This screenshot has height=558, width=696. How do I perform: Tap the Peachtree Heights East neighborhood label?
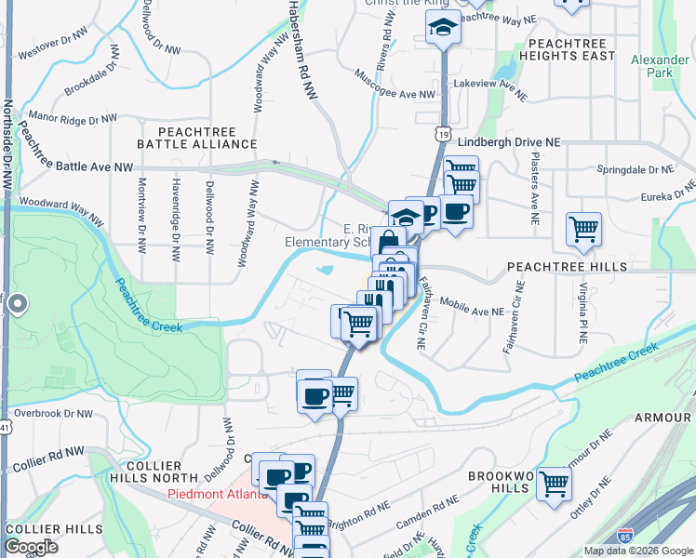571,49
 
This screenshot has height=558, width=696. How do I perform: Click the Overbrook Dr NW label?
54,413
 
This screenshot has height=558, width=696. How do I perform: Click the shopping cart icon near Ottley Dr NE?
554,484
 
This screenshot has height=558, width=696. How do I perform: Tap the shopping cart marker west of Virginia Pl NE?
583,228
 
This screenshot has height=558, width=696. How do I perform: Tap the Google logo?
31,548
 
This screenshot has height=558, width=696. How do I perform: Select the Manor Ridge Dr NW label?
74,118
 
